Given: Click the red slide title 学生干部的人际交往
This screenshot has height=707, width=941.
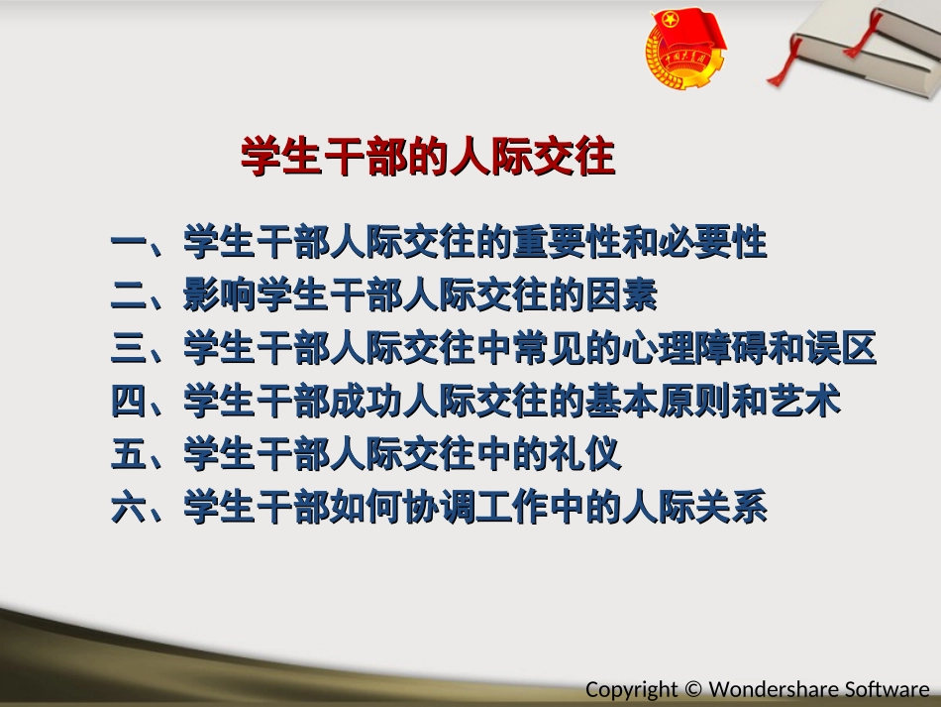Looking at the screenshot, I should pyautogui.click(x=427, y=158).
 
